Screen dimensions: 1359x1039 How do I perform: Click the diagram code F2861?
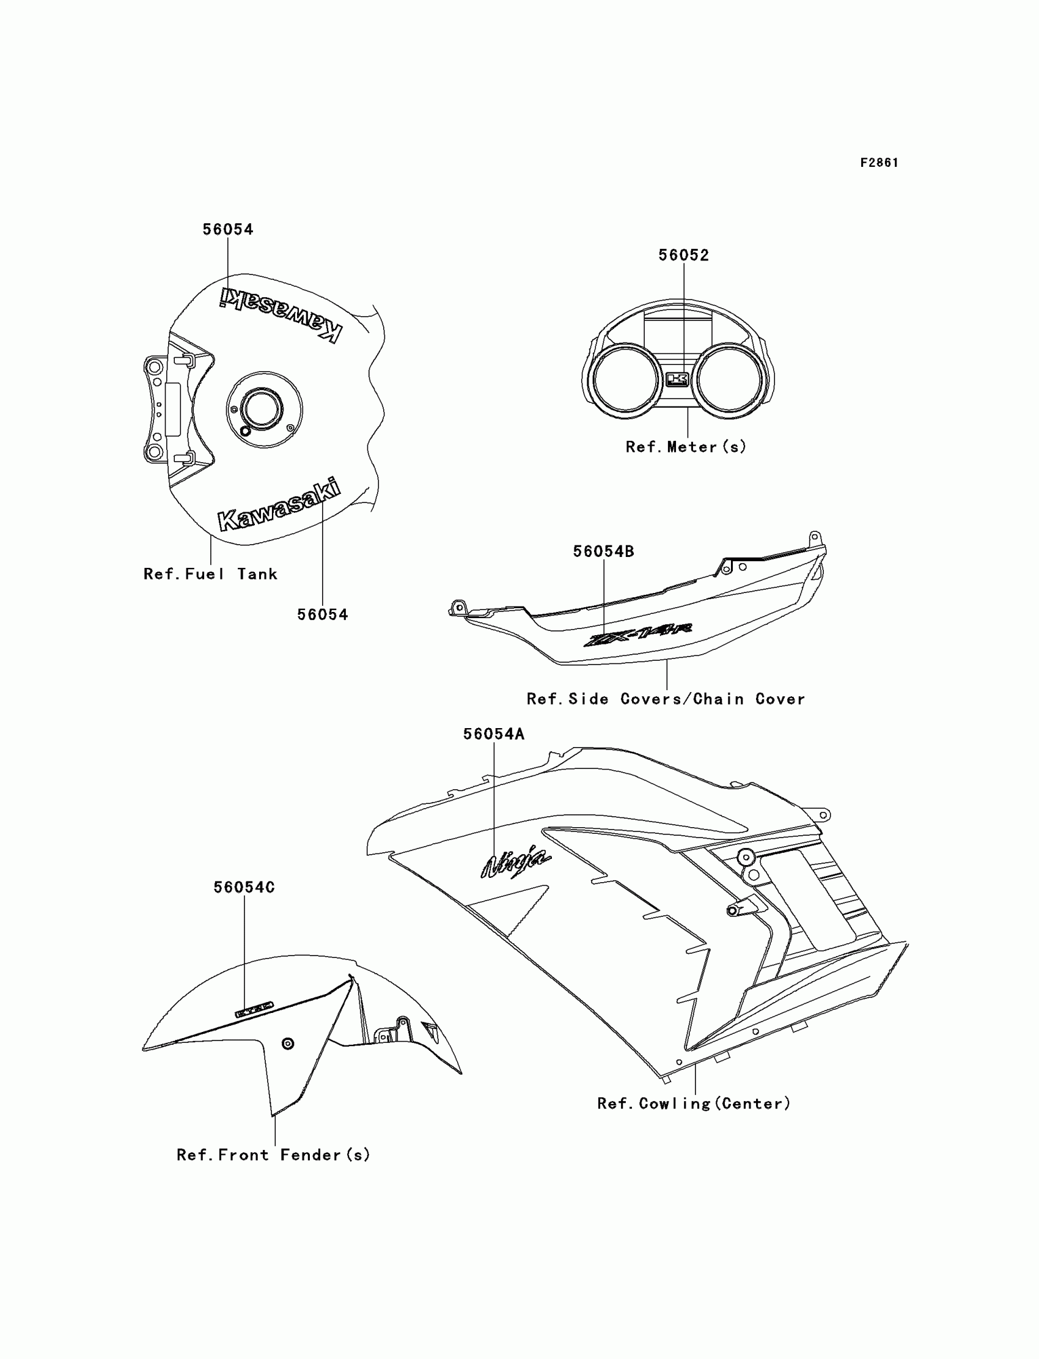[879, 163]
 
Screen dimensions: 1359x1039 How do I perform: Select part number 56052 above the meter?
[683, 255]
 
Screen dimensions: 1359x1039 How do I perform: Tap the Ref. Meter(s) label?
[686, 447]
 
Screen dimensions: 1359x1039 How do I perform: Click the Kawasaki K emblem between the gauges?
[677, 378]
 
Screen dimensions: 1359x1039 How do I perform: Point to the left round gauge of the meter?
[625, 379]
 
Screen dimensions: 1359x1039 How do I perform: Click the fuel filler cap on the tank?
[262, 409]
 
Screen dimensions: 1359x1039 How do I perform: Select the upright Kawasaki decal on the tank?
[279, 506]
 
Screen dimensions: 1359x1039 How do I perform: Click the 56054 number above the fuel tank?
[227, 229]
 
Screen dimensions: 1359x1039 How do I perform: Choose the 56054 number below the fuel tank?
[322, 614]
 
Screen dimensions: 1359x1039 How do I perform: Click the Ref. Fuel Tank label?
[210, 574]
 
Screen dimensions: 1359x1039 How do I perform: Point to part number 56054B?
[603, 551]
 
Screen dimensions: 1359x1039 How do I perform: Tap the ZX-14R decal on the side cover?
[637, 635]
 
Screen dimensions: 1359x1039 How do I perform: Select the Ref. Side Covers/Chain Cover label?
[666, 699]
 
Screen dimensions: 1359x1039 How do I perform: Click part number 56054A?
[494, 734]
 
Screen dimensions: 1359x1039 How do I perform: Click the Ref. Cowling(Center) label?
[694, 1103]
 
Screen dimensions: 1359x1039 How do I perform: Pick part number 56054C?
[244, 887]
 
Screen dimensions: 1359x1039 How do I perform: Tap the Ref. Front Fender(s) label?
[273, 1155]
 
